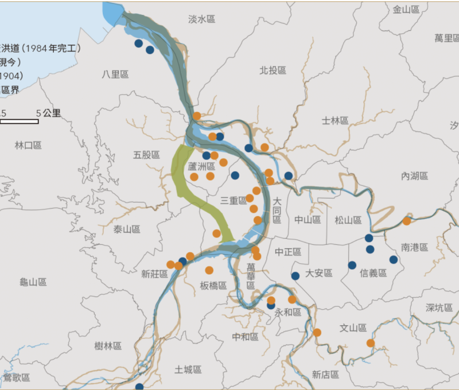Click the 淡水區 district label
(201, 19)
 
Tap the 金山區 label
(407, 10)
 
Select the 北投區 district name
(273, 71)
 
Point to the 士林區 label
(335, 120)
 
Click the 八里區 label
(115, 75)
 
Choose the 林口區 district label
(28, 146)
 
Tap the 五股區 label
(146, 155)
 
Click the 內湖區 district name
(415, 176)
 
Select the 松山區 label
(348, 220)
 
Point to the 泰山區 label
(127, 229)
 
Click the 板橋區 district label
(213, 286)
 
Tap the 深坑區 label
(439, 308)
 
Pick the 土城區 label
(188, 370)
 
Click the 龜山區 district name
(33, 282)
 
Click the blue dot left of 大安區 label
(295, 276)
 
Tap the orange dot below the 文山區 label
(371, 343)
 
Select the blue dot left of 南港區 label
(394, 259)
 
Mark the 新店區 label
(325, 375)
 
